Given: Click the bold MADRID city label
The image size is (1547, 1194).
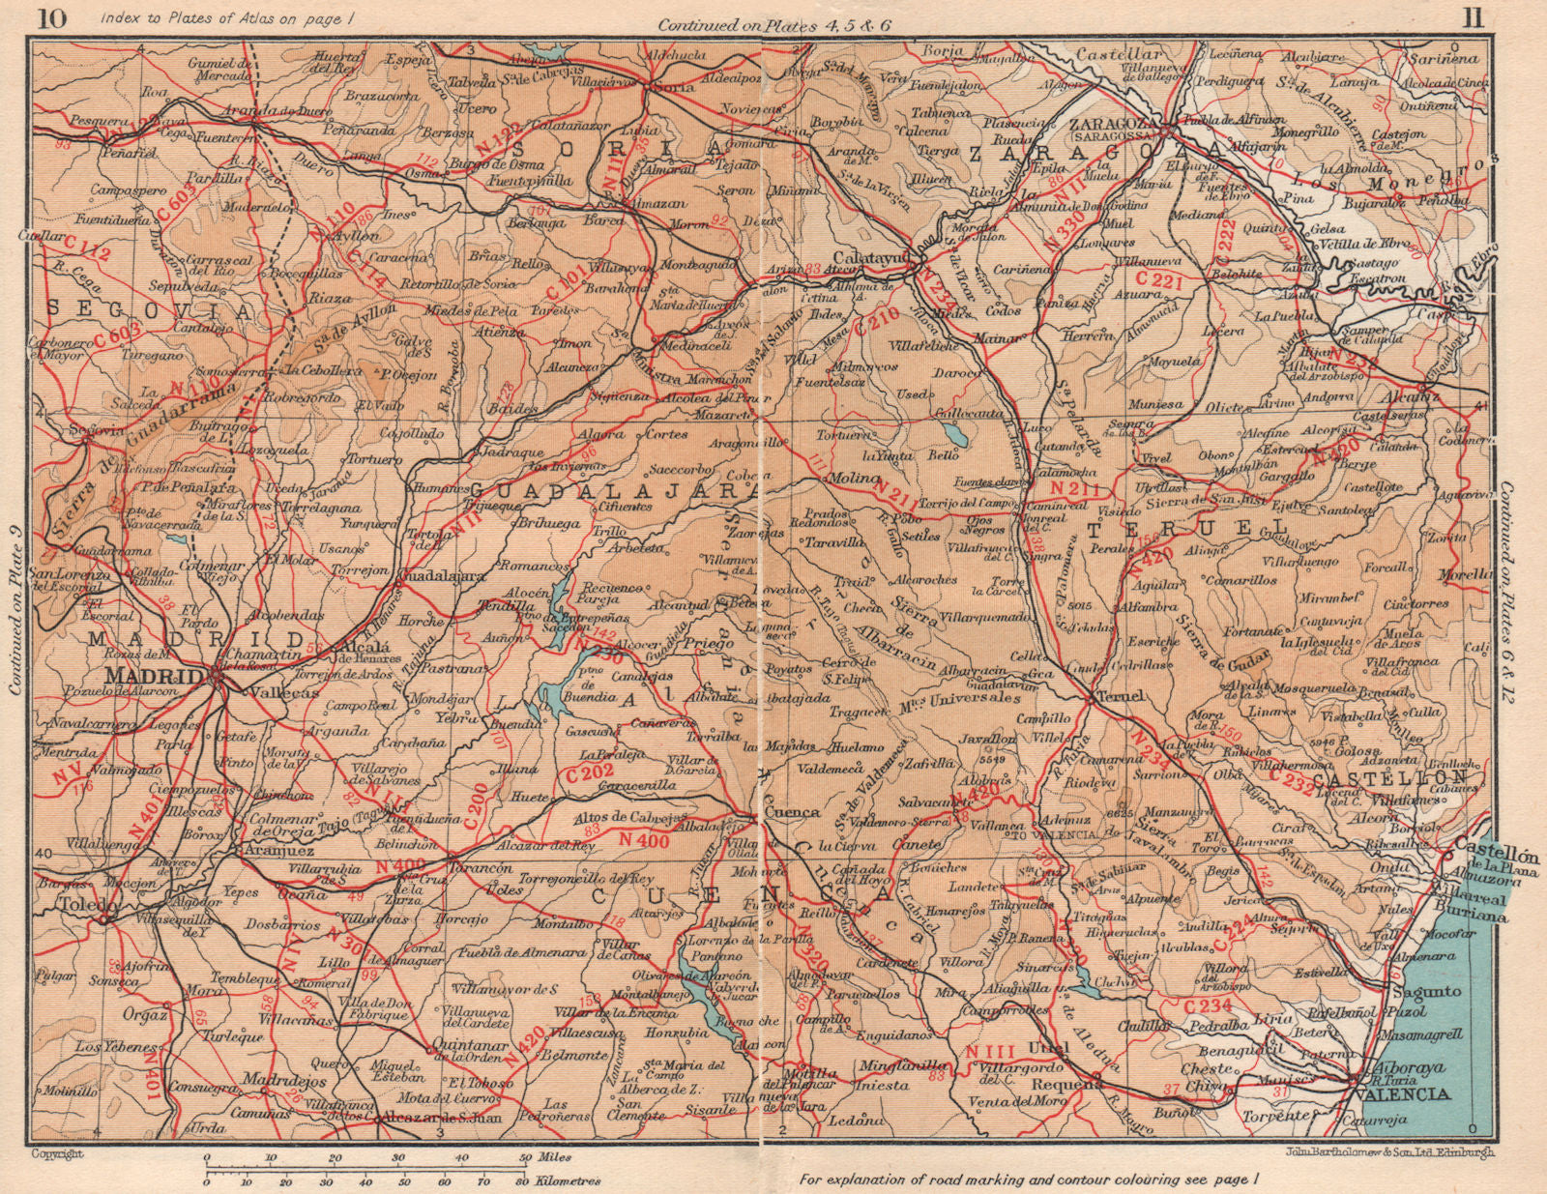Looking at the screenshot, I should click(154, 674).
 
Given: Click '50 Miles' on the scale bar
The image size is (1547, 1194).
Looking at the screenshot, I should click(549, 1156).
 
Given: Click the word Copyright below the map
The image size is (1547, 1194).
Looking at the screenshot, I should click(58, 1153).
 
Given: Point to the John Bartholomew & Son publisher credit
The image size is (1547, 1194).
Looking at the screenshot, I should click(1388, 1151).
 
